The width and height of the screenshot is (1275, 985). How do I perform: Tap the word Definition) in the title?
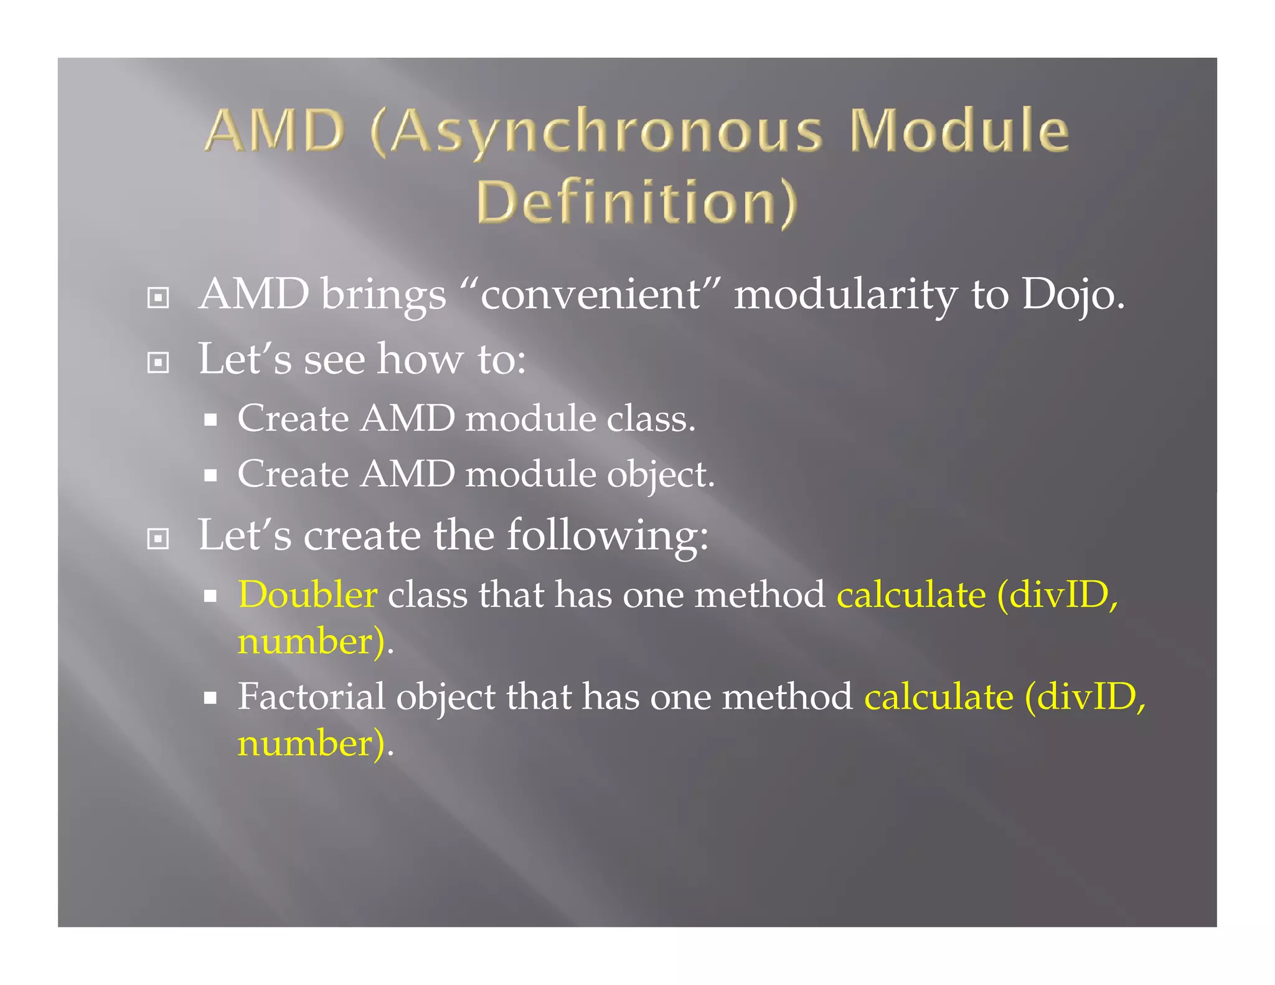pyautogui.click(x=636, y=202)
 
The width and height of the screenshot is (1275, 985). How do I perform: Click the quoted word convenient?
pyautogui.click(x=590, y=294)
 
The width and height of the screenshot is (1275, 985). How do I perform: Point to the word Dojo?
pyautogui.click(x=1072, y=294)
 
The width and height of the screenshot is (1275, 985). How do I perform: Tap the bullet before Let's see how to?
pyautogui.click(x=158, y=362)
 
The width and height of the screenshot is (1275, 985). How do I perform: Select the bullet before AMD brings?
pyautogui.click(x=158, y=298)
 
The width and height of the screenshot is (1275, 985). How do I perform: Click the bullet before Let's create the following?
pyautogui.click(x=158, y=539)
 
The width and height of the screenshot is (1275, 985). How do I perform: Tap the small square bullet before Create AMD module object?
pyautogui.click(x=210, y=476)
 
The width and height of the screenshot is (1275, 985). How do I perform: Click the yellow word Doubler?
pyautogui.click(x=308, y=595)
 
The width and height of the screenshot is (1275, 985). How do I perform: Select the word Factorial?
pyautogui.click(x=311, y=697)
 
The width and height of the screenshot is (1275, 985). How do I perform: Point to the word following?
pyautogui.click(x=607, y=535)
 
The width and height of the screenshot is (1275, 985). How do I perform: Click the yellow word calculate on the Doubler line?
pyautogui.click(x=911, y=595)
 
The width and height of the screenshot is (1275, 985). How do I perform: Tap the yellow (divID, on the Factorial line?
pyautogui.click(x=1085, y=697)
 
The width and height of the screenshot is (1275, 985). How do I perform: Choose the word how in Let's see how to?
pyautogui.click(x=421, y=360)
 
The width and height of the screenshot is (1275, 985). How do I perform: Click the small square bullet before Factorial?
pyautogui.click(x=210, y=698)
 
